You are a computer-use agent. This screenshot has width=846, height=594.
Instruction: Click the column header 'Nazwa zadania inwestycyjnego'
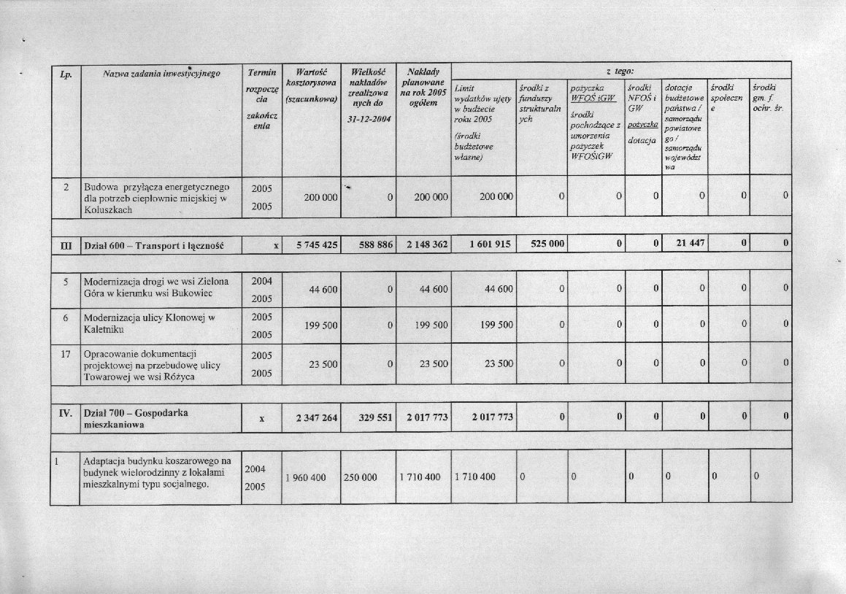click(x=161, y=74)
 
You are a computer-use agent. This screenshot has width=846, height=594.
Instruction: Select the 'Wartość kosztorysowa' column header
click(x=311, y=84)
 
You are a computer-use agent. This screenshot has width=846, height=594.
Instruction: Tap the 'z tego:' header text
click(x=620, y=69)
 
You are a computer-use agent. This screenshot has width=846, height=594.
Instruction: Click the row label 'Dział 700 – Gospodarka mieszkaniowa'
click(x=136, y=418)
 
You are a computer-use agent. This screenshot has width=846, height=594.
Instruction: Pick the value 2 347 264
click(x=316, y=418)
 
